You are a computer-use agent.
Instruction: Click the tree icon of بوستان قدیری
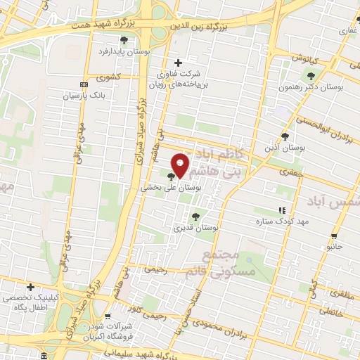coord(195,217)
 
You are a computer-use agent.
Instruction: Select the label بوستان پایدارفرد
coord(124,52)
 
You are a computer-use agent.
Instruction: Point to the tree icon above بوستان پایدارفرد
coord(124,41)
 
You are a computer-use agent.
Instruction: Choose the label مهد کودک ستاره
coord(283,221)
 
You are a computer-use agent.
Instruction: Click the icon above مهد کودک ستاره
coord(283,210)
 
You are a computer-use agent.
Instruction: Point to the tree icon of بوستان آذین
coord(285,136)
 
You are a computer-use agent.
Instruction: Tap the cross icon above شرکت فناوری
coord(178,62)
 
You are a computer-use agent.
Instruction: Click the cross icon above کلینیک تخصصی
coord(30,287)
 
